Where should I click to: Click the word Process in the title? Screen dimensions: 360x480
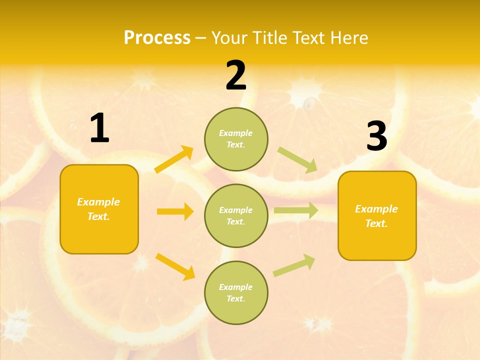click(x=157, y=37)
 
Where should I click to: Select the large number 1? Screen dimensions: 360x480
click(x=99, y=128)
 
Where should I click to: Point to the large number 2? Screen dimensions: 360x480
click(x=236, y=75)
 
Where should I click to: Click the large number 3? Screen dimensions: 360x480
click(x=376, y=136)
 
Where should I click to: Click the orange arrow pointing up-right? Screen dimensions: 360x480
click(x=174, y=159)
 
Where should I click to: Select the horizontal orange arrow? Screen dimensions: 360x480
click(x=175, y=211)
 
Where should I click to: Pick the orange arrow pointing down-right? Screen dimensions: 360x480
click(x=175, y=266)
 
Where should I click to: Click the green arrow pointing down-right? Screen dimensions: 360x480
click(x=297, y=160)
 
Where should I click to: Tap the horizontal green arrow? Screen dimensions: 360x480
click(x=296, y=210)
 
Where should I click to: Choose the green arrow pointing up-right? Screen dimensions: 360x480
click(x=294, y=265)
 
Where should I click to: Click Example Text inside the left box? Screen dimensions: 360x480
click(x=98, y=209)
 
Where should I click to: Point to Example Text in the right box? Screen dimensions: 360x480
click(x=376, y=216)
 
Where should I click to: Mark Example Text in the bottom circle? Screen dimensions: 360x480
click(x=236, y=292)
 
